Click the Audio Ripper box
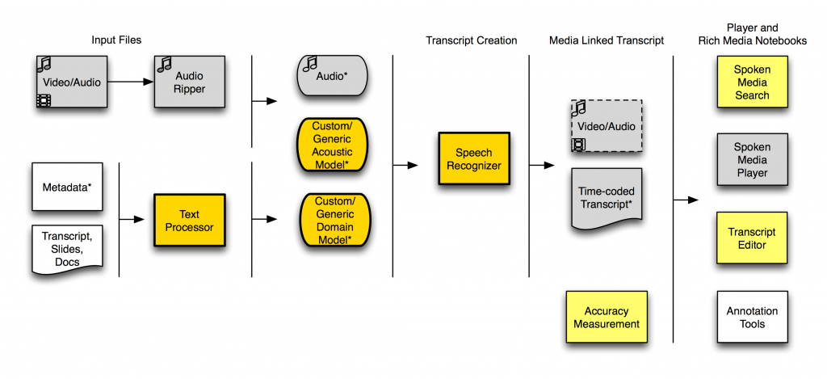189,82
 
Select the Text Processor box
190,221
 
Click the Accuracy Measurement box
606,317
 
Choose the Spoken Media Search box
751,82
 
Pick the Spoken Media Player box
751,160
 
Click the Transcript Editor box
751,238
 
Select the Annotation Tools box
751,317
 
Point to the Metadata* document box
67,187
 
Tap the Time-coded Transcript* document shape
606,197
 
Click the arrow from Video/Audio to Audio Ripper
129,82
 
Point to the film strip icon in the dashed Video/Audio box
579,145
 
